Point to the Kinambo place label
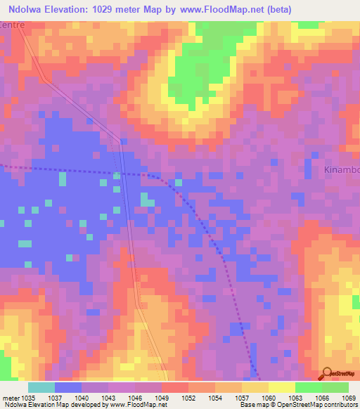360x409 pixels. coord(341,170)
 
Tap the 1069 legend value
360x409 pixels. coord(348,397)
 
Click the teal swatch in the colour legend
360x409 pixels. coord(41,387)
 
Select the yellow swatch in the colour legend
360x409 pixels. coord(281,387)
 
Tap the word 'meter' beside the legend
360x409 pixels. coord(11,397)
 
